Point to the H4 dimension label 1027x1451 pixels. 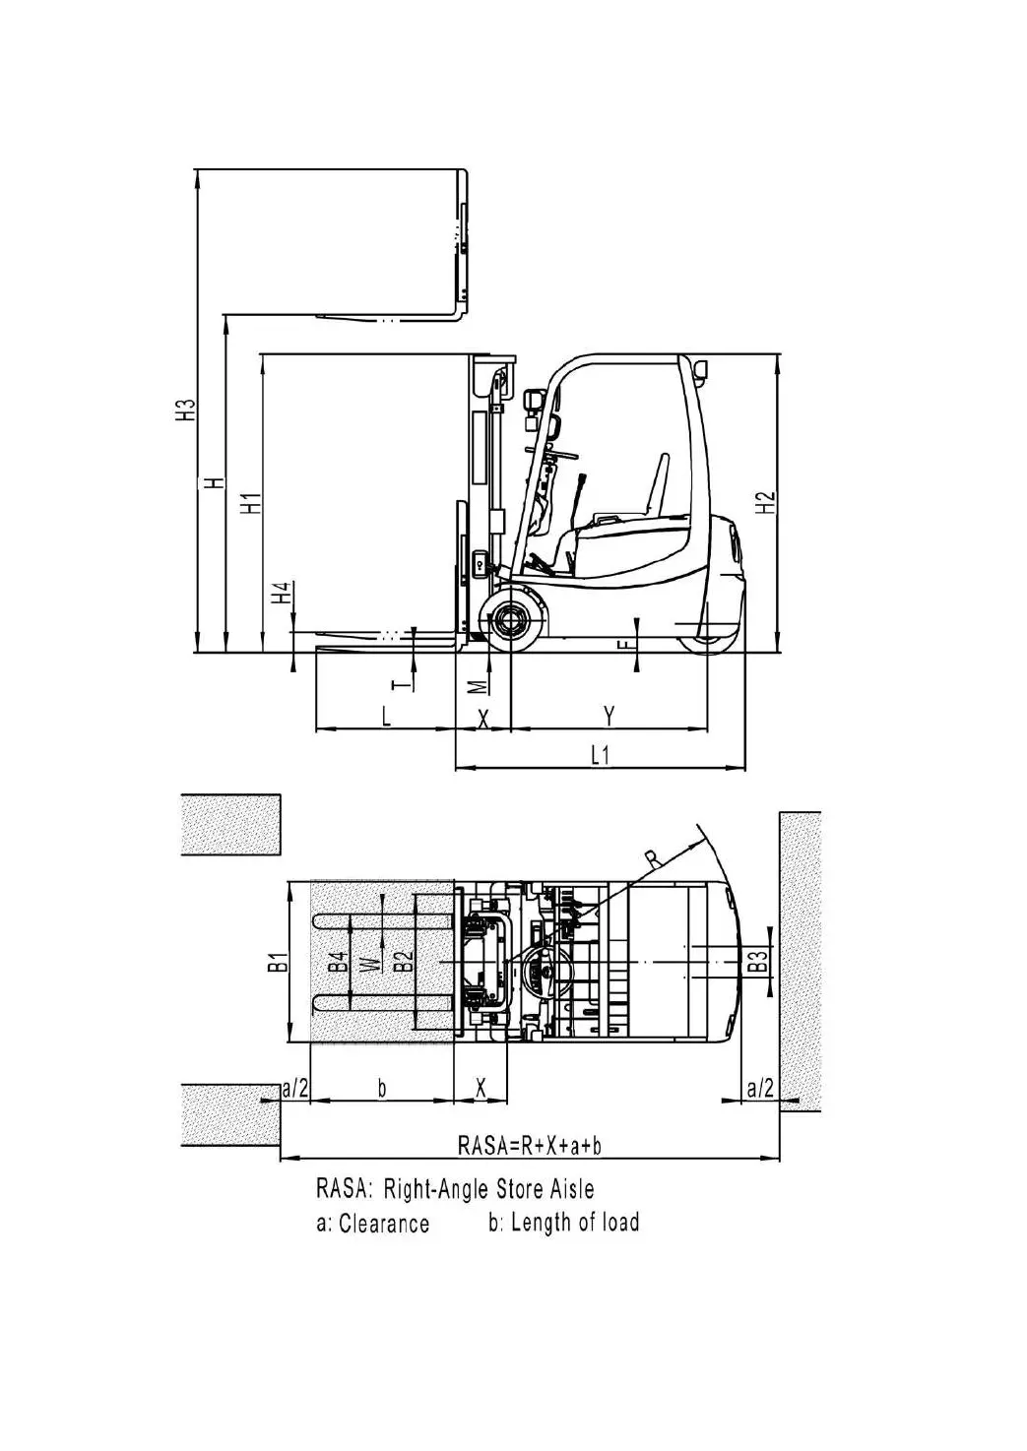[283, 593]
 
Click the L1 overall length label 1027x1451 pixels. [601, 755]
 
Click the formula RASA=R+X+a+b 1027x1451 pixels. [531, 1145]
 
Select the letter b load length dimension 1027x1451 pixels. [383, 1088]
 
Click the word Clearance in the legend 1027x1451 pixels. [384, 1224]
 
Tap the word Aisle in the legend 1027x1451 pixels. [570, 1189]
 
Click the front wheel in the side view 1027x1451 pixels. [511, 620]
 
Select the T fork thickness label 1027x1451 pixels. [399, 681]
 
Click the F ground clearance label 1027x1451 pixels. [621, 645]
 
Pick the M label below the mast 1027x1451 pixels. [477, 684]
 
